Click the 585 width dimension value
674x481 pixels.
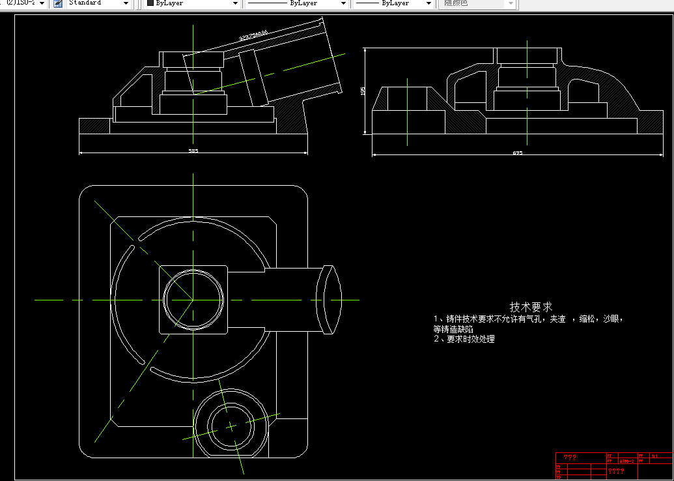click(193, 151)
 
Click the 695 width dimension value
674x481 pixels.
click(517, 153)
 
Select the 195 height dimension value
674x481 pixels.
click(363, 91)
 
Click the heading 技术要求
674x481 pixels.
click(531, 306)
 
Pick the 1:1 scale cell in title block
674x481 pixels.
click(654, 456)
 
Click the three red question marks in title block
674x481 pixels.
click(570, 457)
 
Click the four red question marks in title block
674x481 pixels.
click(615, 470)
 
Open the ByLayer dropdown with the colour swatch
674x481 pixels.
click(192, 3)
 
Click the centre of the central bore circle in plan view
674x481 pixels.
click(193, 300)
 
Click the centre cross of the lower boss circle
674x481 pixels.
click(231, 426)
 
